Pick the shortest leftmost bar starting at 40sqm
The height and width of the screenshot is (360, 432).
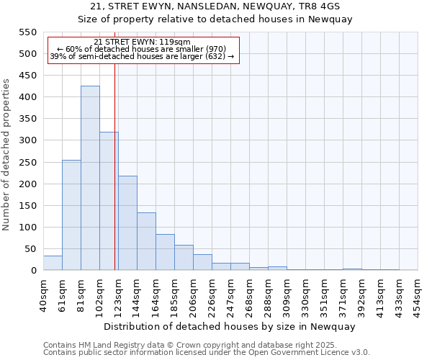[x=53, y=263]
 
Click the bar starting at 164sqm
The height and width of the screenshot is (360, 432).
[x=165, y=252]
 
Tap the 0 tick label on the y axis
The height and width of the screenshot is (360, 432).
[x=33, y=271]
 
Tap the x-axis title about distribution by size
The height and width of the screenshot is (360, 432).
[x=230, y=326]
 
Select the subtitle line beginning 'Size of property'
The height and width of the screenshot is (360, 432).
[x=215, y=19]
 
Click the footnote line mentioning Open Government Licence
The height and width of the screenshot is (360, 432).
[x=207, y=353]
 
